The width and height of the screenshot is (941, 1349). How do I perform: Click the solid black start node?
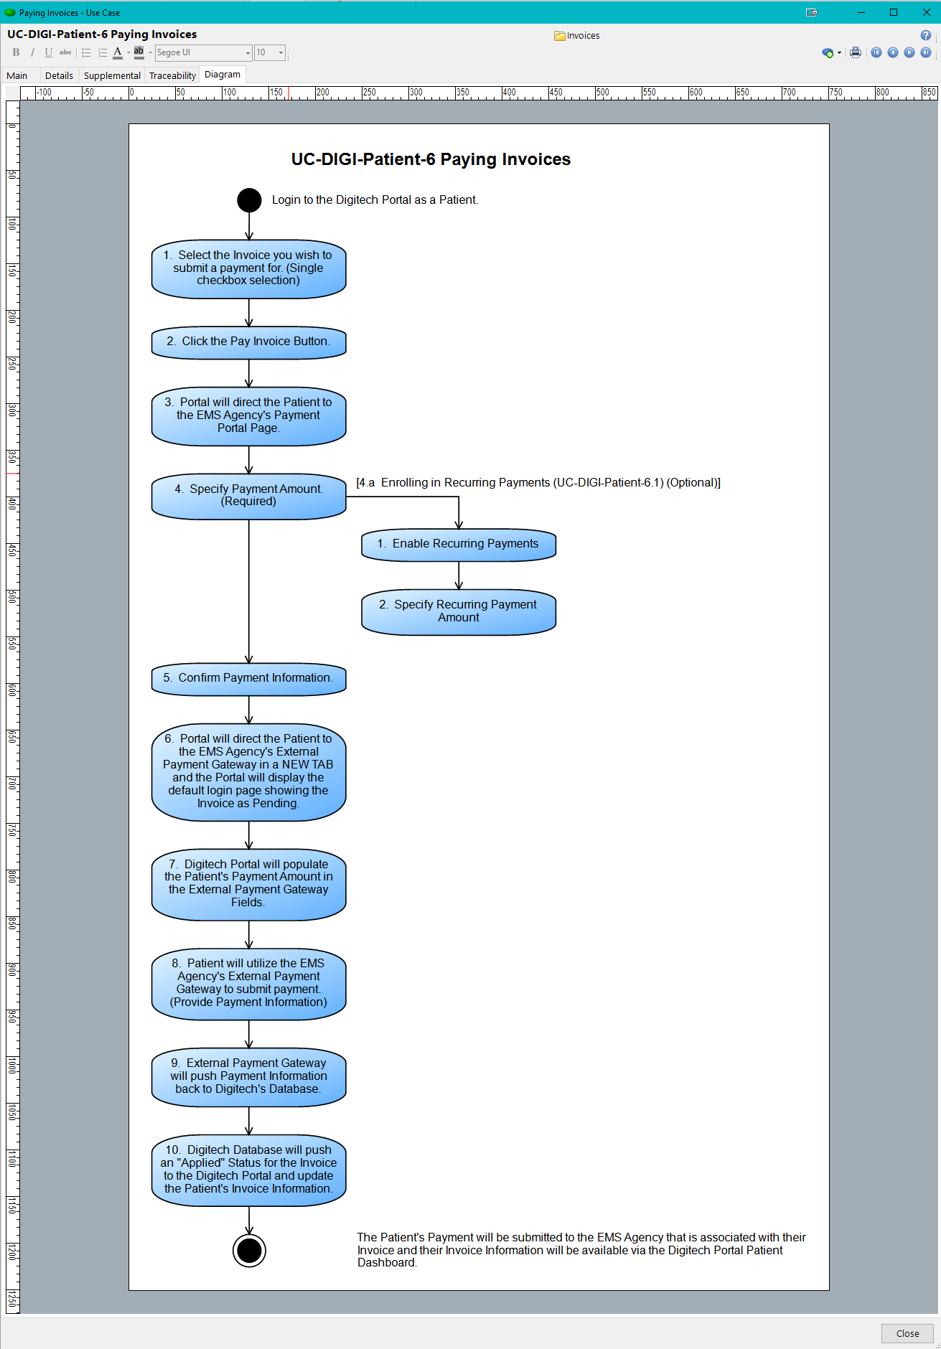coord(249,200)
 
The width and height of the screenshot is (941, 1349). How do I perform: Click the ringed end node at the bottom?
coord(249,1251)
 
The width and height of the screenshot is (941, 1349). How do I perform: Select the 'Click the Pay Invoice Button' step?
coord(249,342)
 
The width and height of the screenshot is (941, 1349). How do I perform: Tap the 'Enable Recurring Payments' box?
coord(459,545)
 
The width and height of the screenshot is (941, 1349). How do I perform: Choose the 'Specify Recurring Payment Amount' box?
coord(459,612)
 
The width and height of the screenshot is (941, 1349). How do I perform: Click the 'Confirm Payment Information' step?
coord(249,679)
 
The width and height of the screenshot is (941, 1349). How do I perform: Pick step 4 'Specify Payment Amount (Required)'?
coord(249,496)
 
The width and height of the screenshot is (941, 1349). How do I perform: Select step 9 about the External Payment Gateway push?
coord(249,1077)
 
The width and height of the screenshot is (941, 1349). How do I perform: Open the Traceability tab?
coord(172,75)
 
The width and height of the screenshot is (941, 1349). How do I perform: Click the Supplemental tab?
coord(112,75)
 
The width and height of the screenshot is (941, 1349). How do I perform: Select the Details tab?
coord(59,75)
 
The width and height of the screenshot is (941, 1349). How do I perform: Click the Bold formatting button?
coord(16,52)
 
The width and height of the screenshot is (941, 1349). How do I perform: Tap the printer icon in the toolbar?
coord(856,52)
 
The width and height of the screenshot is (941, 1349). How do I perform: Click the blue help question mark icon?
coord(926,35)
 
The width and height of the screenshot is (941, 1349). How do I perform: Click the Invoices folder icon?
coord(559,36)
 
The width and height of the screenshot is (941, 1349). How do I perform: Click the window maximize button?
coord(894,12)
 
